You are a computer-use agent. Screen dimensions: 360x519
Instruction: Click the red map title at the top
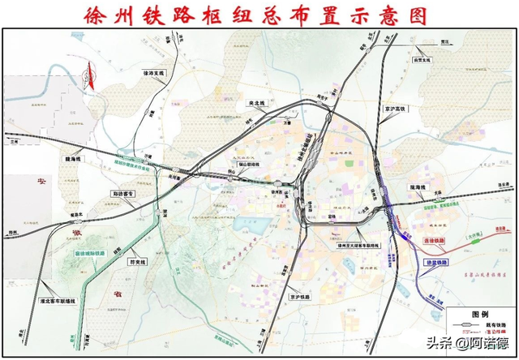click(259, 14)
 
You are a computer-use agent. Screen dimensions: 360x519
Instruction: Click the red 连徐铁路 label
click(436, 241)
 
